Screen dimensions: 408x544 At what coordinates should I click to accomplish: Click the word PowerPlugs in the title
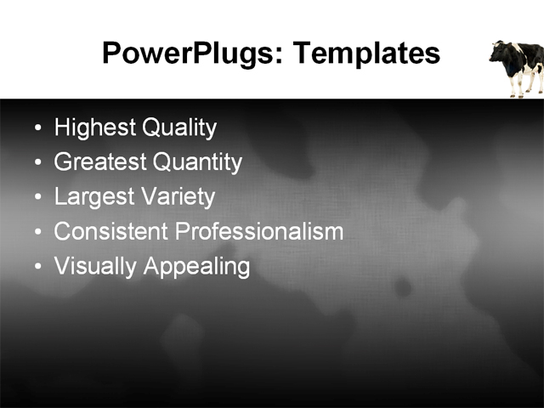coord(191,54)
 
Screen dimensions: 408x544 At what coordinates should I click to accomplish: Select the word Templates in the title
coord(366,54)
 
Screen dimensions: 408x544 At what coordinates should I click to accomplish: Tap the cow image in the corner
coord(518,68)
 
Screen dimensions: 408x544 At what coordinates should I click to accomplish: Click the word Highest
coord(94,128)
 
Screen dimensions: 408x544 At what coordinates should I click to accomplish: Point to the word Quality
coord(178,128)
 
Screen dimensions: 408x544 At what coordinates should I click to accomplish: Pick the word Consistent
coord(110,231)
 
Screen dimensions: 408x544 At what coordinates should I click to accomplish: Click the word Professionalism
coord(258,231)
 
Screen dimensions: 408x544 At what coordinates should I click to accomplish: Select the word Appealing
coord(196,266)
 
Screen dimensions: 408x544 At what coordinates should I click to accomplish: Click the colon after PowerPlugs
coord(283,57)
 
